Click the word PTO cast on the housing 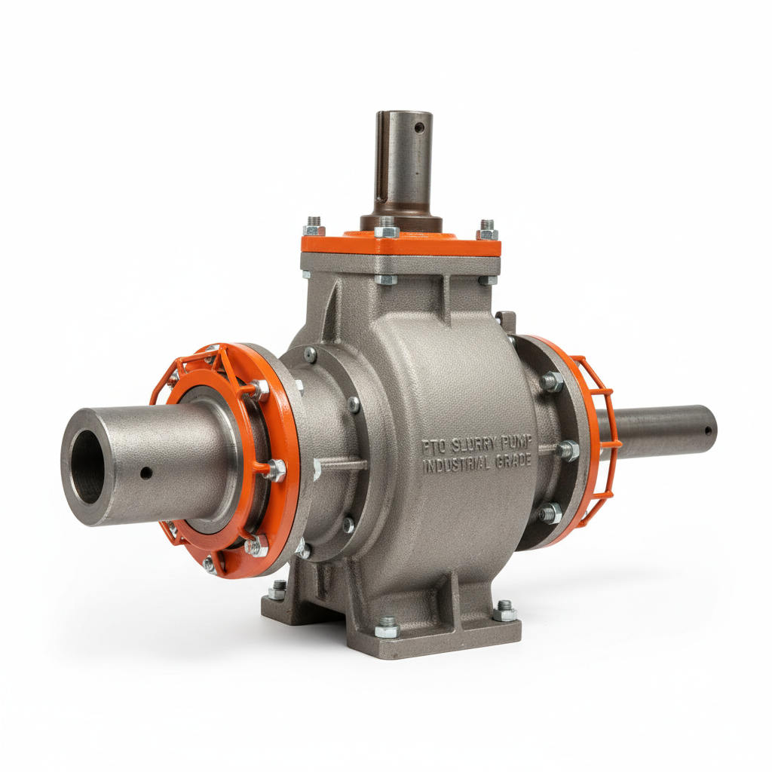click(x=435, y=446)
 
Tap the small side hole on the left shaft click(x=146, y=473)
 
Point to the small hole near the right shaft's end click(x=709, y=431)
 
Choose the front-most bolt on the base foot click(x=387, y=625)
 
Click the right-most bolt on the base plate click(x=504, y=608)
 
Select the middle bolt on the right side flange click(x=567, y=451)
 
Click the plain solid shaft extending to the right click(x=663, y=432)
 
